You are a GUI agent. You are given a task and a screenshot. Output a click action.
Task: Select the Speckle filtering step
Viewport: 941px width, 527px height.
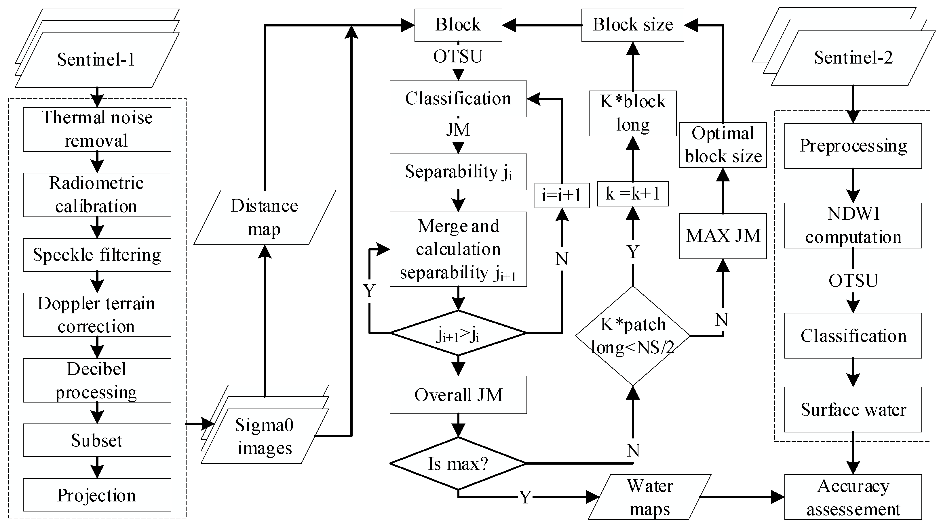[97, 255]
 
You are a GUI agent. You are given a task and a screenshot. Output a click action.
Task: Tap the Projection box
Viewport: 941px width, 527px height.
[97, 495]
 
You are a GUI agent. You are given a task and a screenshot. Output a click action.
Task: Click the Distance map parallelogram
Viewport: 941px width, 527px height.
[265, 218]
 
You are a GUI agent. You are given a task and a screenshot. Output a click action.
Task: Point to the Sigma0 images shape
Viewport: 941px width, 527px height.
[265, 436]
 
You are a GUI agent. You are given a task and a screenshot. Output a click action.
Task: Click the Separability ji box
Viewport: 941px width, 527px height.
[458, 172]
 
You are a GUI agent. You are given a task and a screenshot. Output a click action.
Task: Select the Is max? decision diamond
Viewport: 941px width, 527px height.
[458, 463]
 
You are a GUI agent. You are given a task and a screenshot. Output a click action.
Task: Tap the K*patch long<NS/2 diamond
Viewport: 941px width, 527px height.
[633, 336]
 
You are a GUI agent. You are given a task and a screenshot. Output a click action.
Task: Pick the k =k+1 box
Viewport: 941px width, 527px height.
[633, 194]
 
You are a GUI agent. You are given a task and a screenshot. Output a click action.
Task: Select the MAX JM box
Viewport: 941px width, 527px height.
[723, 236]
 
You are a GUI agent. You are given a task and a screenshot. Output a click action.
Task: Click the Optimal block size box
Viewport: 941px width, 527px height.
[723, 145]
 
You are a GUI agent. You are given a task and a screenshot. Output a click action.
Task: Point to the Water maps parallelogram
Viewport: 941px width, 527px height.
[649, 497]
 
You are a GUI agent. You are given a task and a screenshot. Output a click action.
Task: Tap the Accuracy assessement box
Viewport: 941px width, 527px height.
[853, 497]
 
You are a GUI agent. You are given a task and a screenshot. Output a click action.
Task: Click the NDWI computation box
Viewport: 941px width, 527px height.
[853, 225]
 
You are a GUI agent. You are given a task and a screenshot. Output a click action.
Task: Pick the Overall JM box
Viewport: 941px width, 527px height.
[458, 395]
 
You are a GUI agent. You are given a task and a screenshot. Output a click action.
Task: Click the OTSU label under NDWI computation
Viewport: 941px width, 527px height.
[853, 281]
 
